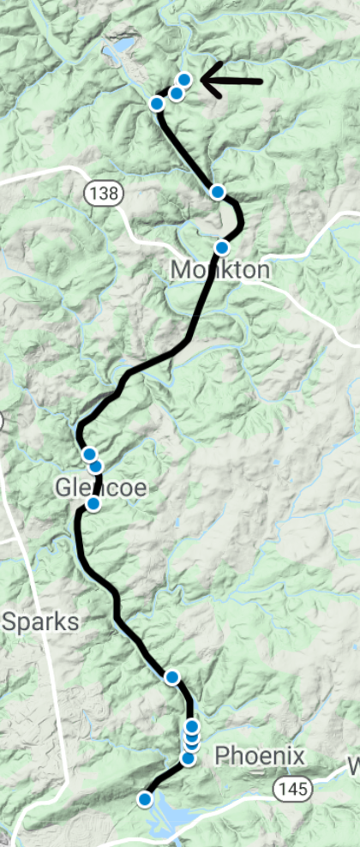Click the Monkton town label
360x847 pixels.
219,271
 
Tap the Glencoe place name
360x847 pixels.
101,488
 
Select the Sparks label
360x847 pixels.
40,622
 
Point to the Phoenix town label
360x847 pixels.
260,756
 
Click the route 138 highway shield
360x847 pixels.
102,193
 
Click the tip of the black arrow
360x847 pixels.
202,81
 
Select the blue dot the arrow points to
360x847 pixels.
183,80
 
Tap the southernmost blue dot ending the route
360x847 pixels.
145,799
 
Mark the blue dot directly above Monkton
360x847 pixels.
221,248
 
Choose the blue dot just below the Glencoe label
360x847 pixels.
93,504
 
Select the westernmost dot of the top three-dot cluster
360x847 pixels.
157,104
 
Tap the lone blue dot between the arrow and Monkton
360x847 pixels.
218,191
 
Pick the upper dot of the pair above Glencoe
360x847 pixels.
89,454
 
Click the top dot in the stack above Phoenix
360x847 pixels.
193,727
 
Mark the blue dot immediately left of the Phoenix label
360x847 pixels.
188,758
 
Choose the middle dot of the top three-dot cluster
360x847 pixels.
177,93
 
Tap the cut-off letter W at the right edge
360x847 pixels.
353,765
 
